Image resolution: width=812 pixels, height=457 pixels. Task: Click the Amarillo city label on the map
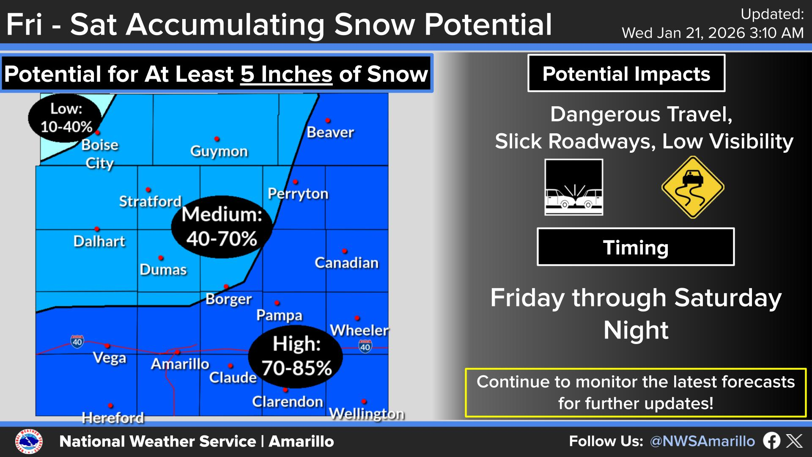click(180, 364)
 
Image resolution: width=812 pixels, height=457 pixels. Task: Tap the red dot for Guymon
click(217, 139)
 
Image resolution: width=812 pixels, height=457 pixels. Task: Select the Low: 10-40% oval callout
click(66, 118)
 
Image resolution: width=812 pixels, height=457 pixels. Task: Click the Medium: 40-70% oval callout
click(222, 227)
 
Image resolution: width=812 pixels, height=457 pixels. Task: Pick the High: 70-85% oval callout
click(296, 356)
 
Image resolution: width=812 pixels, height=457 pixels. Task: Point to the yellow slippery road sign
click(692, 187)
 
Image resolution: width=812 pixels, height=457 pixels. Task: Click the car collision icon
click(574, 187)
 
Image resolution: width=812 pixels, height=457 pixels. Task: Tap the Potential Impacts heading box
click(626, 73)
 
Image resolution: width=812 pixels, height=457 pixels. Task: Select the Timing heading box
click(636, 247)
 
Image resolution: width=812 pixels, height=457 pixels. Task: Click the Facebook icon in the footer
click(771, 441)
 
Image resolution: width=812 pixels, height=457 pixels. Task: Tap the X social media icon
click(794, 441)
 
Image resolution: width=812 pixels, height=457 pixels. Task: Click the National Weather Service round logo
click(29, 442)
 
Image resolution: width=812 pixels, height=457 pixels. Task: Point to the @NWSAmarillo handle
click(702, 441)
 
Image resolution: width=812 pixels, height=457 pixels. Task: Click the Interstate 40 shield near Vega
click(77, 341)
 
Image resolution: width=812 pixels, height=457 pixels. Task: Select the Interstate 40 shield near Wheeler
click(365, 347)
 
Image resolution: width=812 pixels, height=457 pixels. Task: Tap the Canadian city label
click(346, 263)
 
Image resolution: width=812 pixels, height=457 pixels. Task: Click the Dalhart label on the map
click(99, 241)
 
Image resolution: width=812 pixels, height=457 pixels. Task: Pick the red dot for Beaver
click(328, 121)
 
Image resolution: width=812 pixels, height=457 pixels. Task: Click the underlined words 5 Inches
click(286, 74)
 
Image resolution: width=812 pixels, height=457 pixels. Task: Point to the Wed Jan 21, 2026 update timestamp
click(713, 33)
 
